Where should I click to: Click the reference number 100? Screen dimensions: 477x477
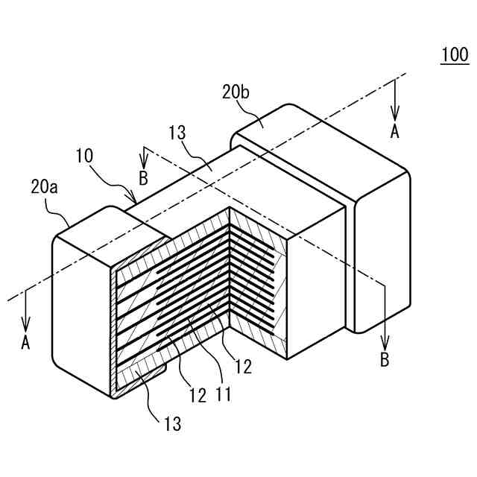pos(455,55)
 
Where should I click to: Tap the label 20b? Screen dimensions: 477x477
pos(236,93)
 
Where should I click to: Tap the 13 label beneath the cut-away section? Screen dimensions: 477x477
pos(173,425)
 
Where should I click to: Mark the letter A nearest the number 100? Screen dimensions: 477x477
pos(395,131)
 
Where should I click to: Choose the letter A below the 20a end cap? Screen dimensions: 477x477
pos(26,343)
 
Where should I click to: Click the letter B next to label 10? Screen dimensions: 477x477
pos(143,179)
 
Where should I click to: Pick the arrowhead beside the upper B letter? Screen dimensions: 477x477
pos(143,163)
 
